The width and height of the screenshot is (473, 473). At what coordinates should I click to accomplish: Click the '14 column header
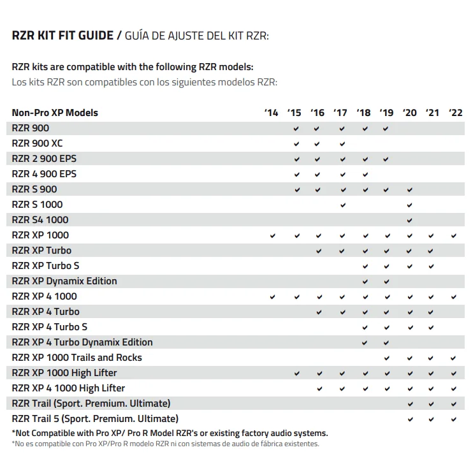(x=272, y=113)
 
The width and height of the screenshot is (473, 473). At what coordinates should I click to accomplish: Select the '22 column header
(x=455, y=113)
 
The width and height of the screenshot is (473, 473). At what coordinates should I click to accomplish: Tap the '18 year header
(x=363, y=113)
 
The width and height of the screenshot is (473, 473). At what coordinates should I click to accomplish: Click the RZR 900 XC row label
(x=37, y=143)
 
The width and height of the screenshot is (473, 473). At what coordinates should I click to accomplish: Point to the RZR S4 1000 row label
(x=40, y=220)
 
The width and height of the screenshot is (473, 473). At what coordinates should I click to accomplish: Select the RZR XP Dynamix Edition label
(x=64, y=281)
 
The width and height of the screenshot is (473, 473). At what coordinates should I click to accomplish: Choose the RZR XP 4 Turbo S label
(x=50, y=327)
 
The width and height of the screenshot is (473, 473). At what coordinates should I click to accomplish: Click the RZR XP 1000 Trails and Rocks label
(x=77, y=358)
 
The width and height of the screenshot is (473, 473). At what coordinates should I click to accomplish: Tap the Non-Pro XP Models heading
(x=55, y=113)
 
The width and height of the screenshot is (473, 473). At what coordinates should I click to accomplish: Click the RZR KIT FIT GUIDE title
(x=62, y=36)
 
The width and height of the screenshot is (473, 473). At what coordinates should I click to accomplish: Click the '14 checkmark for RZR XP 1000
(x=273, y=236)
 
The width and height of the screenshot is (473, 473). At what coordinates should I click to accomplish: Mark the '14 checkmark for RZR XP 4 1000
(x=273, y=297)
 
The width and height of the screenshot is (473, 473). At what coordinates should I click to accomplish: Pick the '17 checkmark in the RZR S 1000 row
(x=343, y=205)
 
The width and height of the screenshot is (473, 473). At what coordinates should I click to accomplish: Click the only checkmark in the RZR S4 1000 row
(x=410, y=221)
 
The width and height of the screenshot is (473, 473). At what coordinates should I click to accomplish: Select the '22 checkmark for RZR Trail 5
(x=454, y=419)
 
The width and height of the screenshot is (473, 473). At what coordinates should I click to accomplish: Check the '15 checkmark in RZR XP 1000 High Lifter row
(x=296, y=374)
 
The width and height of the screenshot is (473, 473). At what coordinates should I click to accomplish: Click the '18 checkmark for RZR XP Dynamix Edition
(x=365, y=282)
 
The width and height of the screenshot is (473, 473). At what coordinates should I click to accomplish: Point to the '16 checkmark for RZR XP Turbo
(x=319, y=251)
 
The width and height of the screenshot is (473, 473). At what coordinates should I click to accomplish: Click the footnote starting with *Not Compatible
(x=170, y=433)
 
